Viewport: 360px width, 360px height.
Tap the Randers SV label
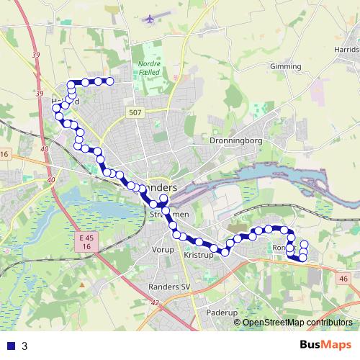click(x=168, y=286)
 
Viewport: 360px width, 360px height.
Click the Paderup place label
click(x=221, y=313)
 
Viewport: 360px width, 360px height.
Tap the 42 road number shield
click(x=155, y=302)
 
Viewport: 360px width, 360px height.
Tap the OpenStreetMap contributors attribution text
click(x=297, y=322)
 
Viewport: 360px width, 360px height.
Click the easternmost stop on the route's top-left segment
click(x=110, y=81)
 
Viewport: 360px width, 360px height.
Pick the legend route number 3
click(x=25, y=346)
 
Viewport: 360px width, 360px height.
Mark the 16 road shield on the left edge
click(x=4, y=155)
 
